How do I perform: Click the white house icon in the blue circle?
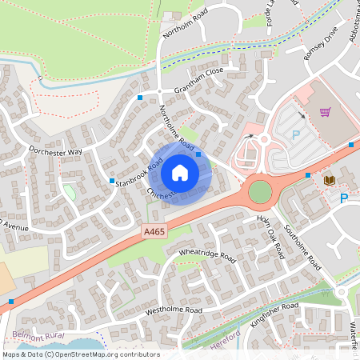[180, 173]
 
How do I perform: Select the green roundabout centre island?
[260, 191]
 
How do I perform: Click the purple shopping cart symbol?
[325, 112]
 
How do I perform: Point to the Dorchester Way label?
[55, 151]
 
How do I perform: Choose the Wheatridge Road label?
[206, 258]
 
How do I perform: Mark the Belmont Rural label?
[38, 335]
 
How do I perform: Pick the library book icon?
[329, 182]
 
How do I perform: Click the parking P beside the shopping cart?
[294, 136]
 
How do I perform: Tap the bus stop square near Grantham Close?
[140, 98]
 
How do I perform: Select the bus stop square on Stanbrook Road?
[112, 181]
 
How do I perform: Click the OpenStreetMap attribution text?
[80, 354]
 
